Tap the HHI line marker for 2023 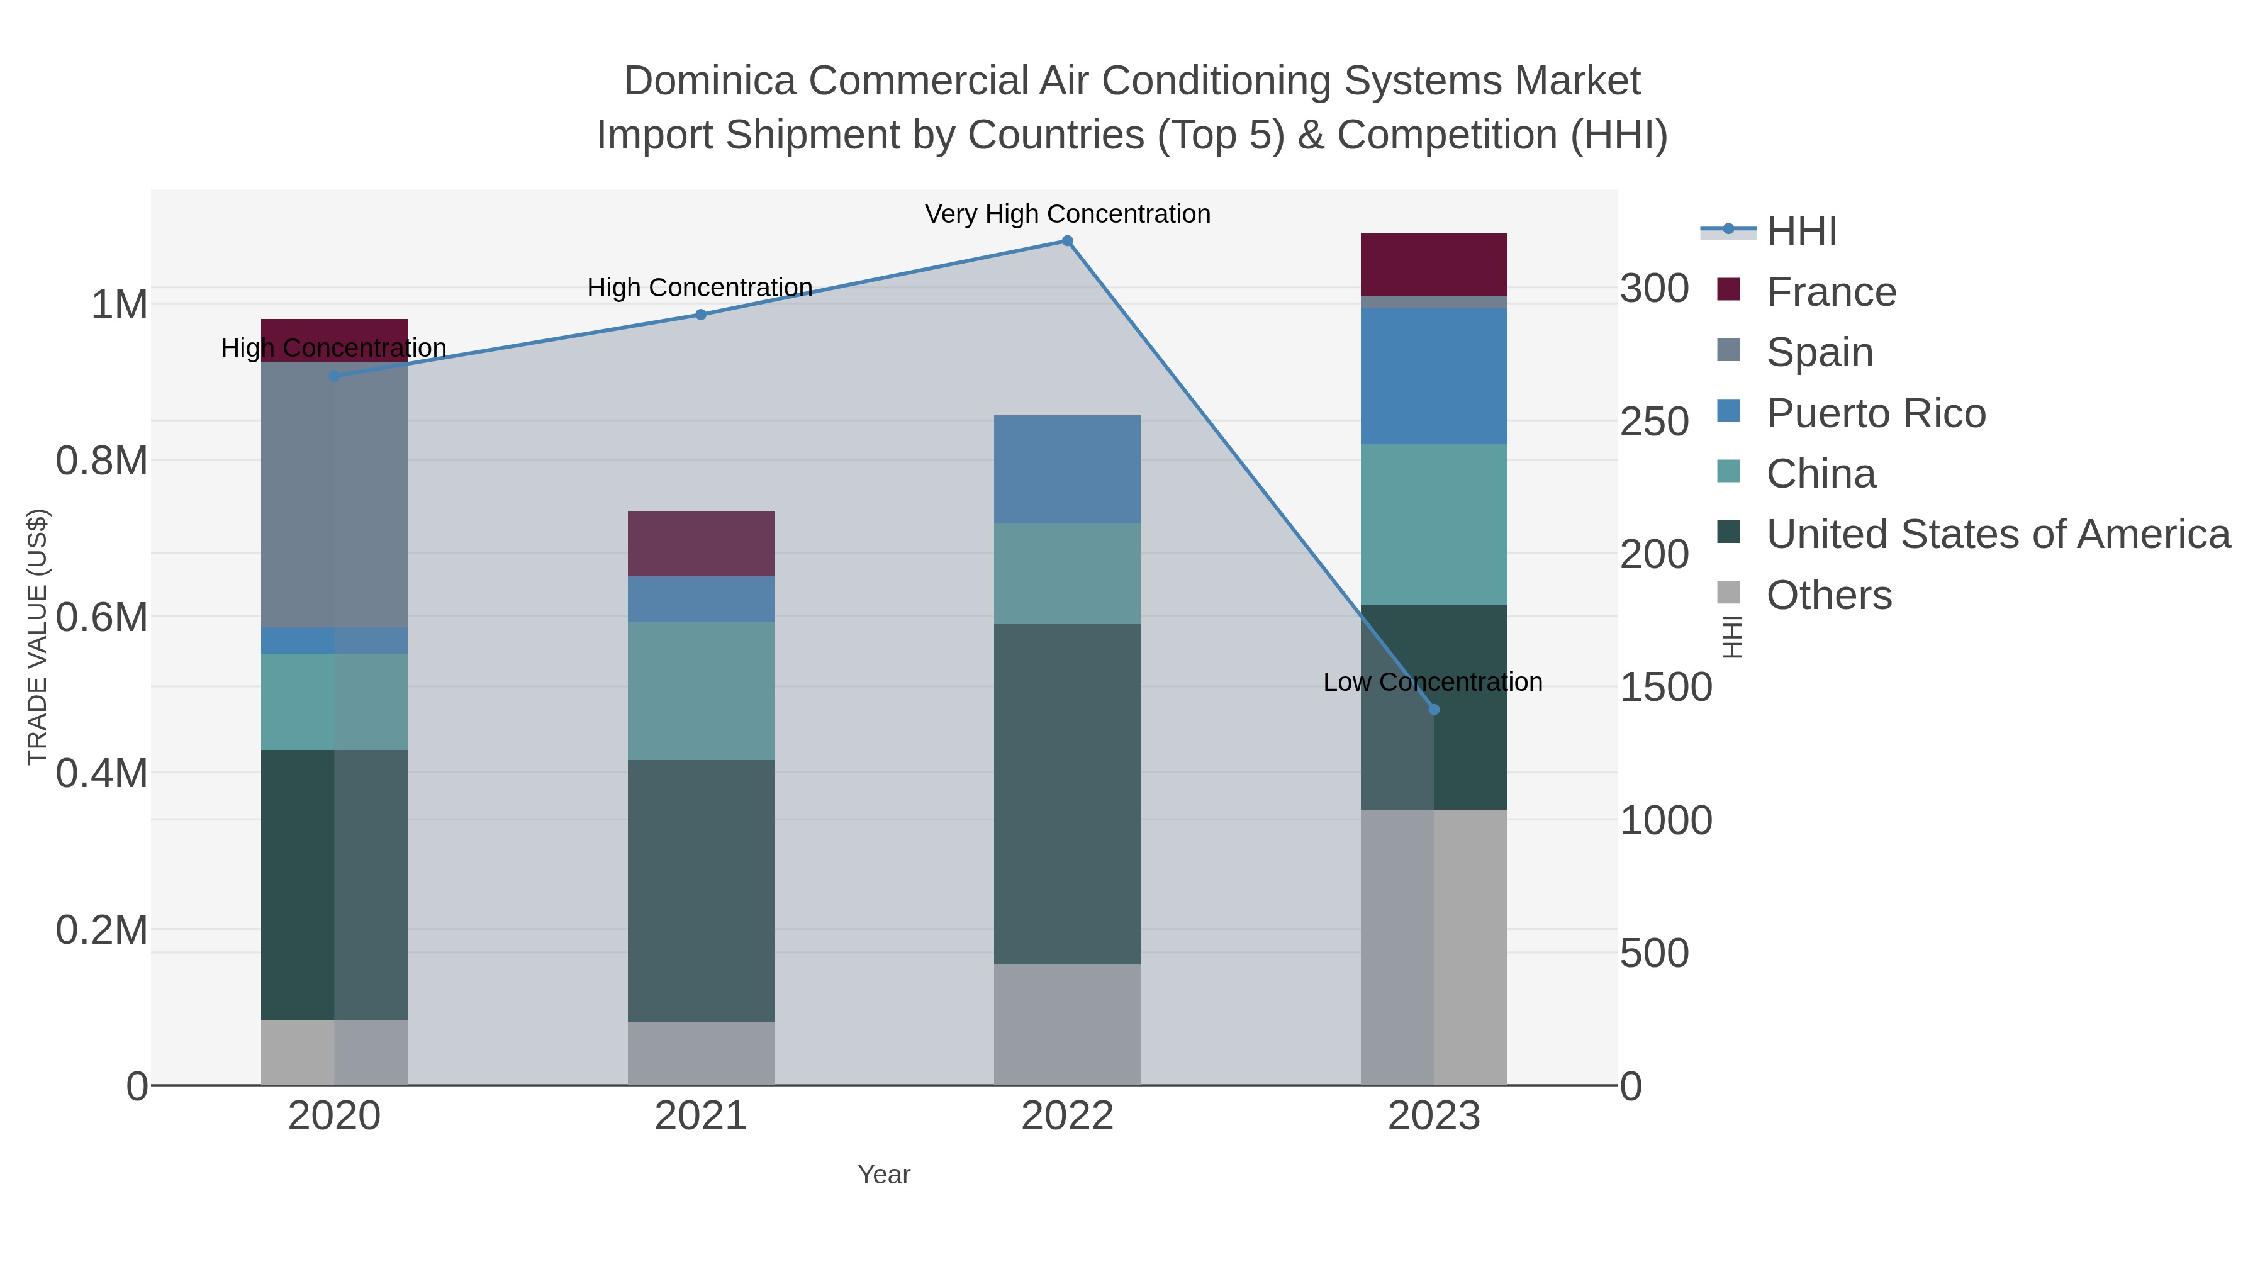pos(1434,710)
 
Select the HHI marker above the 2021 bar pos(701,315)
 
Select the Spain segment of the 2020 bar pos(334,494)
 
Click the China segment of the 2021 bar pos(701,691)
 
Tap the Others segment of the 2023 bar pos(1434,947)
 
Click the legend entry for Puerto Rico pos(1876,413)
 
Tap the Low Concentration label pos(1433,682)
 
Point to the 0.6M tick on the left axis pos(102,617)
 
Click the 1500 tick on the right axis pos(1665,688)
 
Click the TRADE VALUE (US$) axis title pos(38,637)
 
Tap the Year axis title pos(884,1175)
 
